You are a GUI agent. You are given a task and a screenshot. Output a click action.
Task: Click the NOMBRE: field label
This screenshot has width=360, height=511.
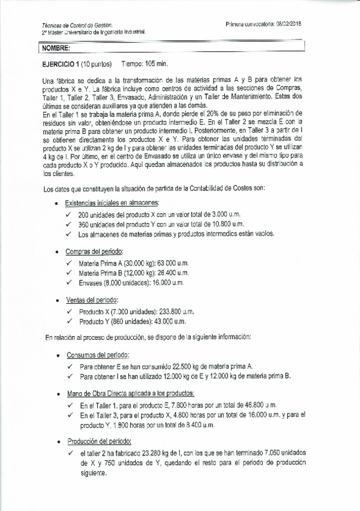56,48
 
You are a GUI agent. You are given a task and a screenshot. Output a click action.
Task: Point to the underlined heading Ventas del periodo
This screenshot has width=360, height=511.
92,299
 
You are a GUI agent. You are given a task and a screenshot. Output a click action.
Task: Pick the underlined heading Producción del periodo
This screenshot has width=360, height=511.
100,440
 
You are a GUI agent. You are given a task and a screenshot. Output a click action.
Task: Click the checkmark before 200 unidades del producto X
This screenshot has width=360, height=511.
70,215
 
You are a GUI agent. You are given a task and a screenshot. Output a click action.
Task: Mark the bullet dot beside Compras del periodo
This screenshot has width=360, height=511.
57,252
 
